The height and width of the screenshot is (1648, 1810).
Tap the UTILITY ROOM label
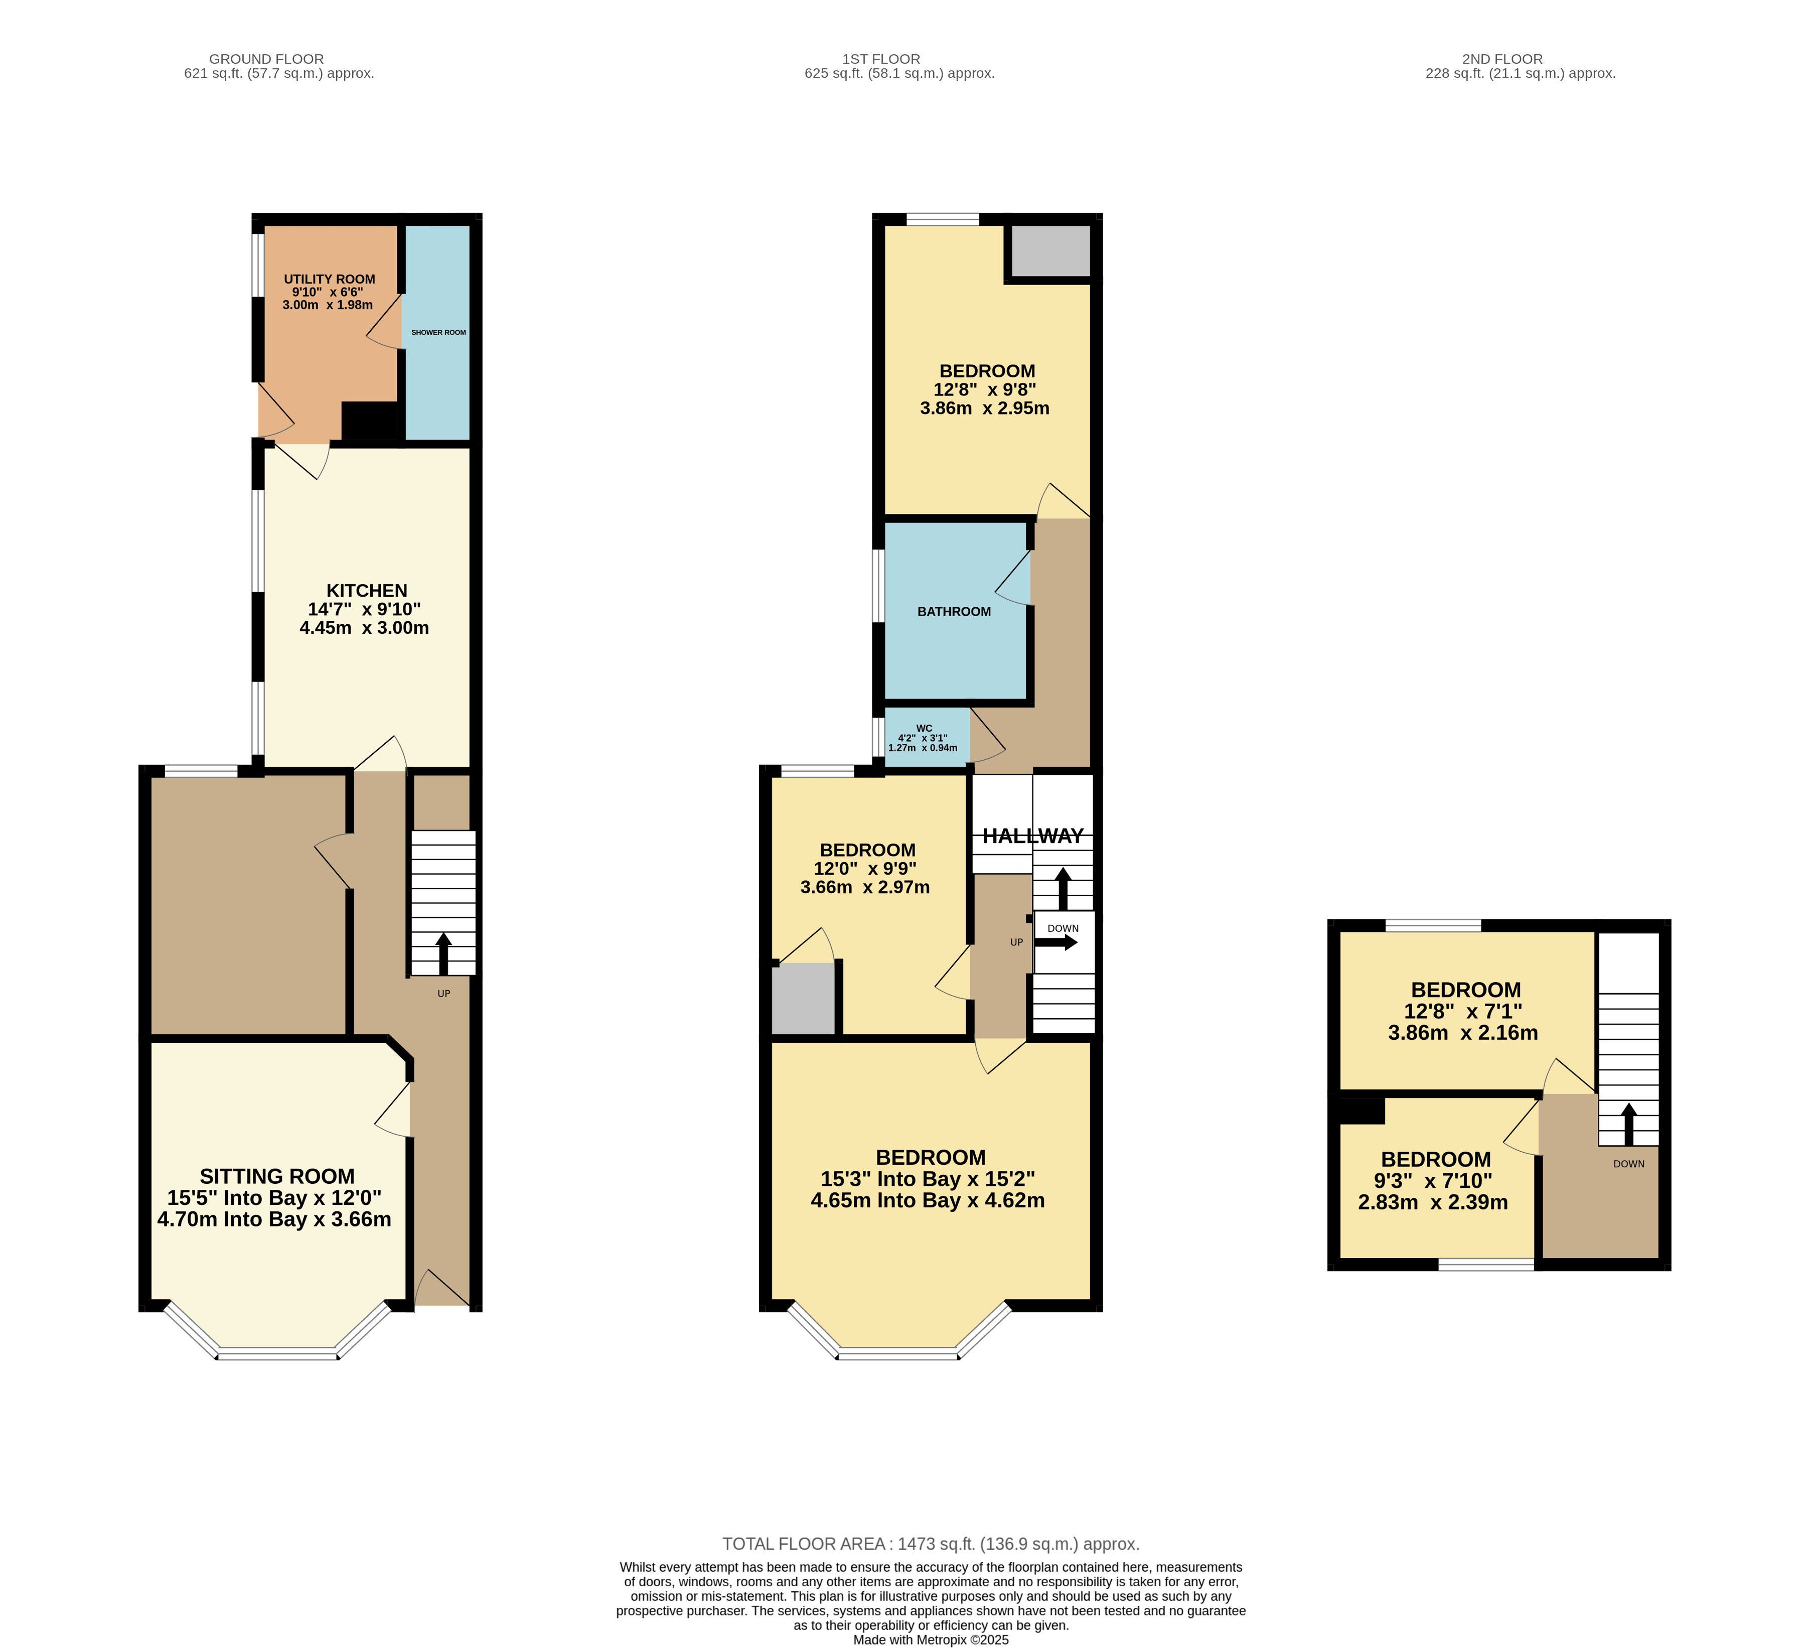pyautogui.click(x=330, y=280)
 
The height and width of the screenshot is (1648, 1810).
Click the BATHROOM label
pyautogui.click(x=954, y=612)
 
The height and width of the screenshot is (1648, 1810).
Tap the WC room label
pyautogui.click(x=924, y=728)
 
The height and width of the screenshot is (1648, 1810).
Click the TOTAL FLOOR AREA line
pyautogui.click(x=931, y=1544)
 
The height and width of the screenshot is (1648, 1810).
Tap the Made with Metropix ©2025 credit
pyautogui.click(x=931, y=1639)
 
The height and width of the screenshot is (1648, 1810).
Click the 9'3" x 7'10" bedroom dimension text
pyautogui.click(x=1433, y=1181)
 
